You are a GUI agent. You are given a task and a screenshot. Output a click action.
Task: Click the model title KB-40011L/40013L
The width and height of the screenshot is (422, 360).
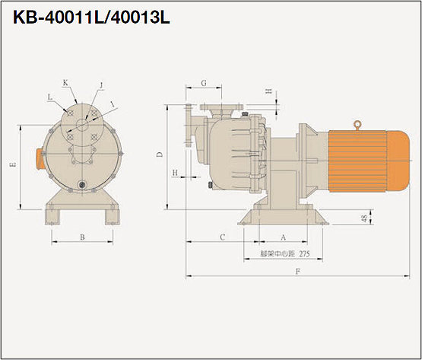coord(91,18)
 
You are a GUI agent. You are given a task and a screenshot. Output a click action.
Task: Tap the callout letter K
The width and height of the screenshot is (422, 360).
coord(65,83)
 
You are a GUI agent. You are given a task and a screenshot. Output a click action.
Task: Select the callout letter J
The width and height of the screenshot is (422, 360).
coord(101,85)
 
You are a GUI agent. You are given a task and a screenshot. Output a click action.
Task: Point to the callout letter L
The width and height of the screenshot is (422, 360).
coord(50,97)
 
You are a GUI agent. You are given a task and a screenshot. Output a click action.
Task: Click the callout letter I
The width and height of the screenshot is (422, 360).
coord(113,104)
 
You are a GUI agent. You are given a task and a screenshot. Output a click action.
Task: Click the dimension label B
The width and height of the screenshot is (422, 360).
coord(82,237)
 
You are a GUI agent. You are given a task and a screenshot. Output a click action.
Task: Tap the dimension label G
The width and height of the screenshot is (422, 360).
coord(204,83)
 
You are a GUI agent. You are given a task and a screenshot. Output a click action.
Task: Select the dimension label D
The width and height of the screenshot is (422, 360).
coord(160,155)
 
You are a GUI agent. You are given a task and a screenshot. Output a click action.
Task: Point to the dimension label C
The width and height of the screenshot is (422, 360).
coord(222,237)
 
